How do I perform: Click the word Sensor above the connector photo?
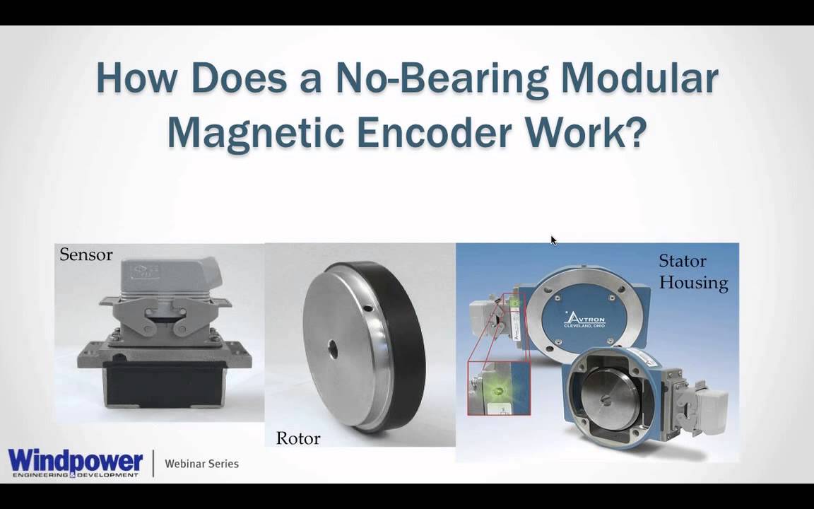pyautogui.click(x=85, y=255)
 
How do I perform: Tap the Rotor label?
pyautogui.click(x=297, y=438)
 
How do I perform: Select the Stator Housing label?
pyautogui.click(x=692, y=272)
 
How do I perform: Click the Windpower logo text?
pyautogui.click(x=76, y=461)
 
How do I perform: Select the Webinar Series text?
pyautogui.click(x=201, y=464)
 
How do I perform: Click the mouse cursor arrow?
pyautogui.click(x=553, y=240)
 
